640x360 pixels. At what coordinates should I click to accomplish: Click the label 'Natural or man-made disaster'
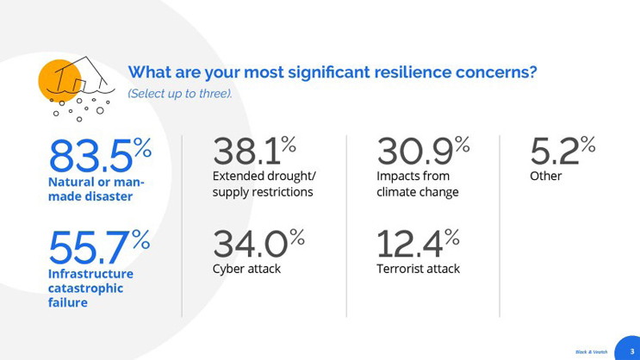click(96, 189)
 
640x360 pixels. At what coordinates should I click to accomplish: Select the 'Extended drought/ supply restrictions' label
click(263, 184)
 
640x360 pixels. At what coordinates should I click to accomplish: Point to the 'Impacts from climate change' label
click(418, 184)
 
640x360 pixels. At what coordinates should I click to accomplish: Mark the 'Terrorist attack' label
click(418, 269)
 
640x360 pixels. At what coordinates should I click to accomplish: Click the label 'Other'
click(546, 177)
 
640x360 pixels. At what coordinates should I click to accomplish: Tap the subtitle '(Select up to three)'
click(179, 93)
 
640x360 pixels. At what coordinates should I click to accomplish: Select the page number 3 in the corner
click(631, 351)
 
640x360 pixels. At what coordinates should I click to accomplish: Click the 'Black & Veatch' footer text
click(591, 351)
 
